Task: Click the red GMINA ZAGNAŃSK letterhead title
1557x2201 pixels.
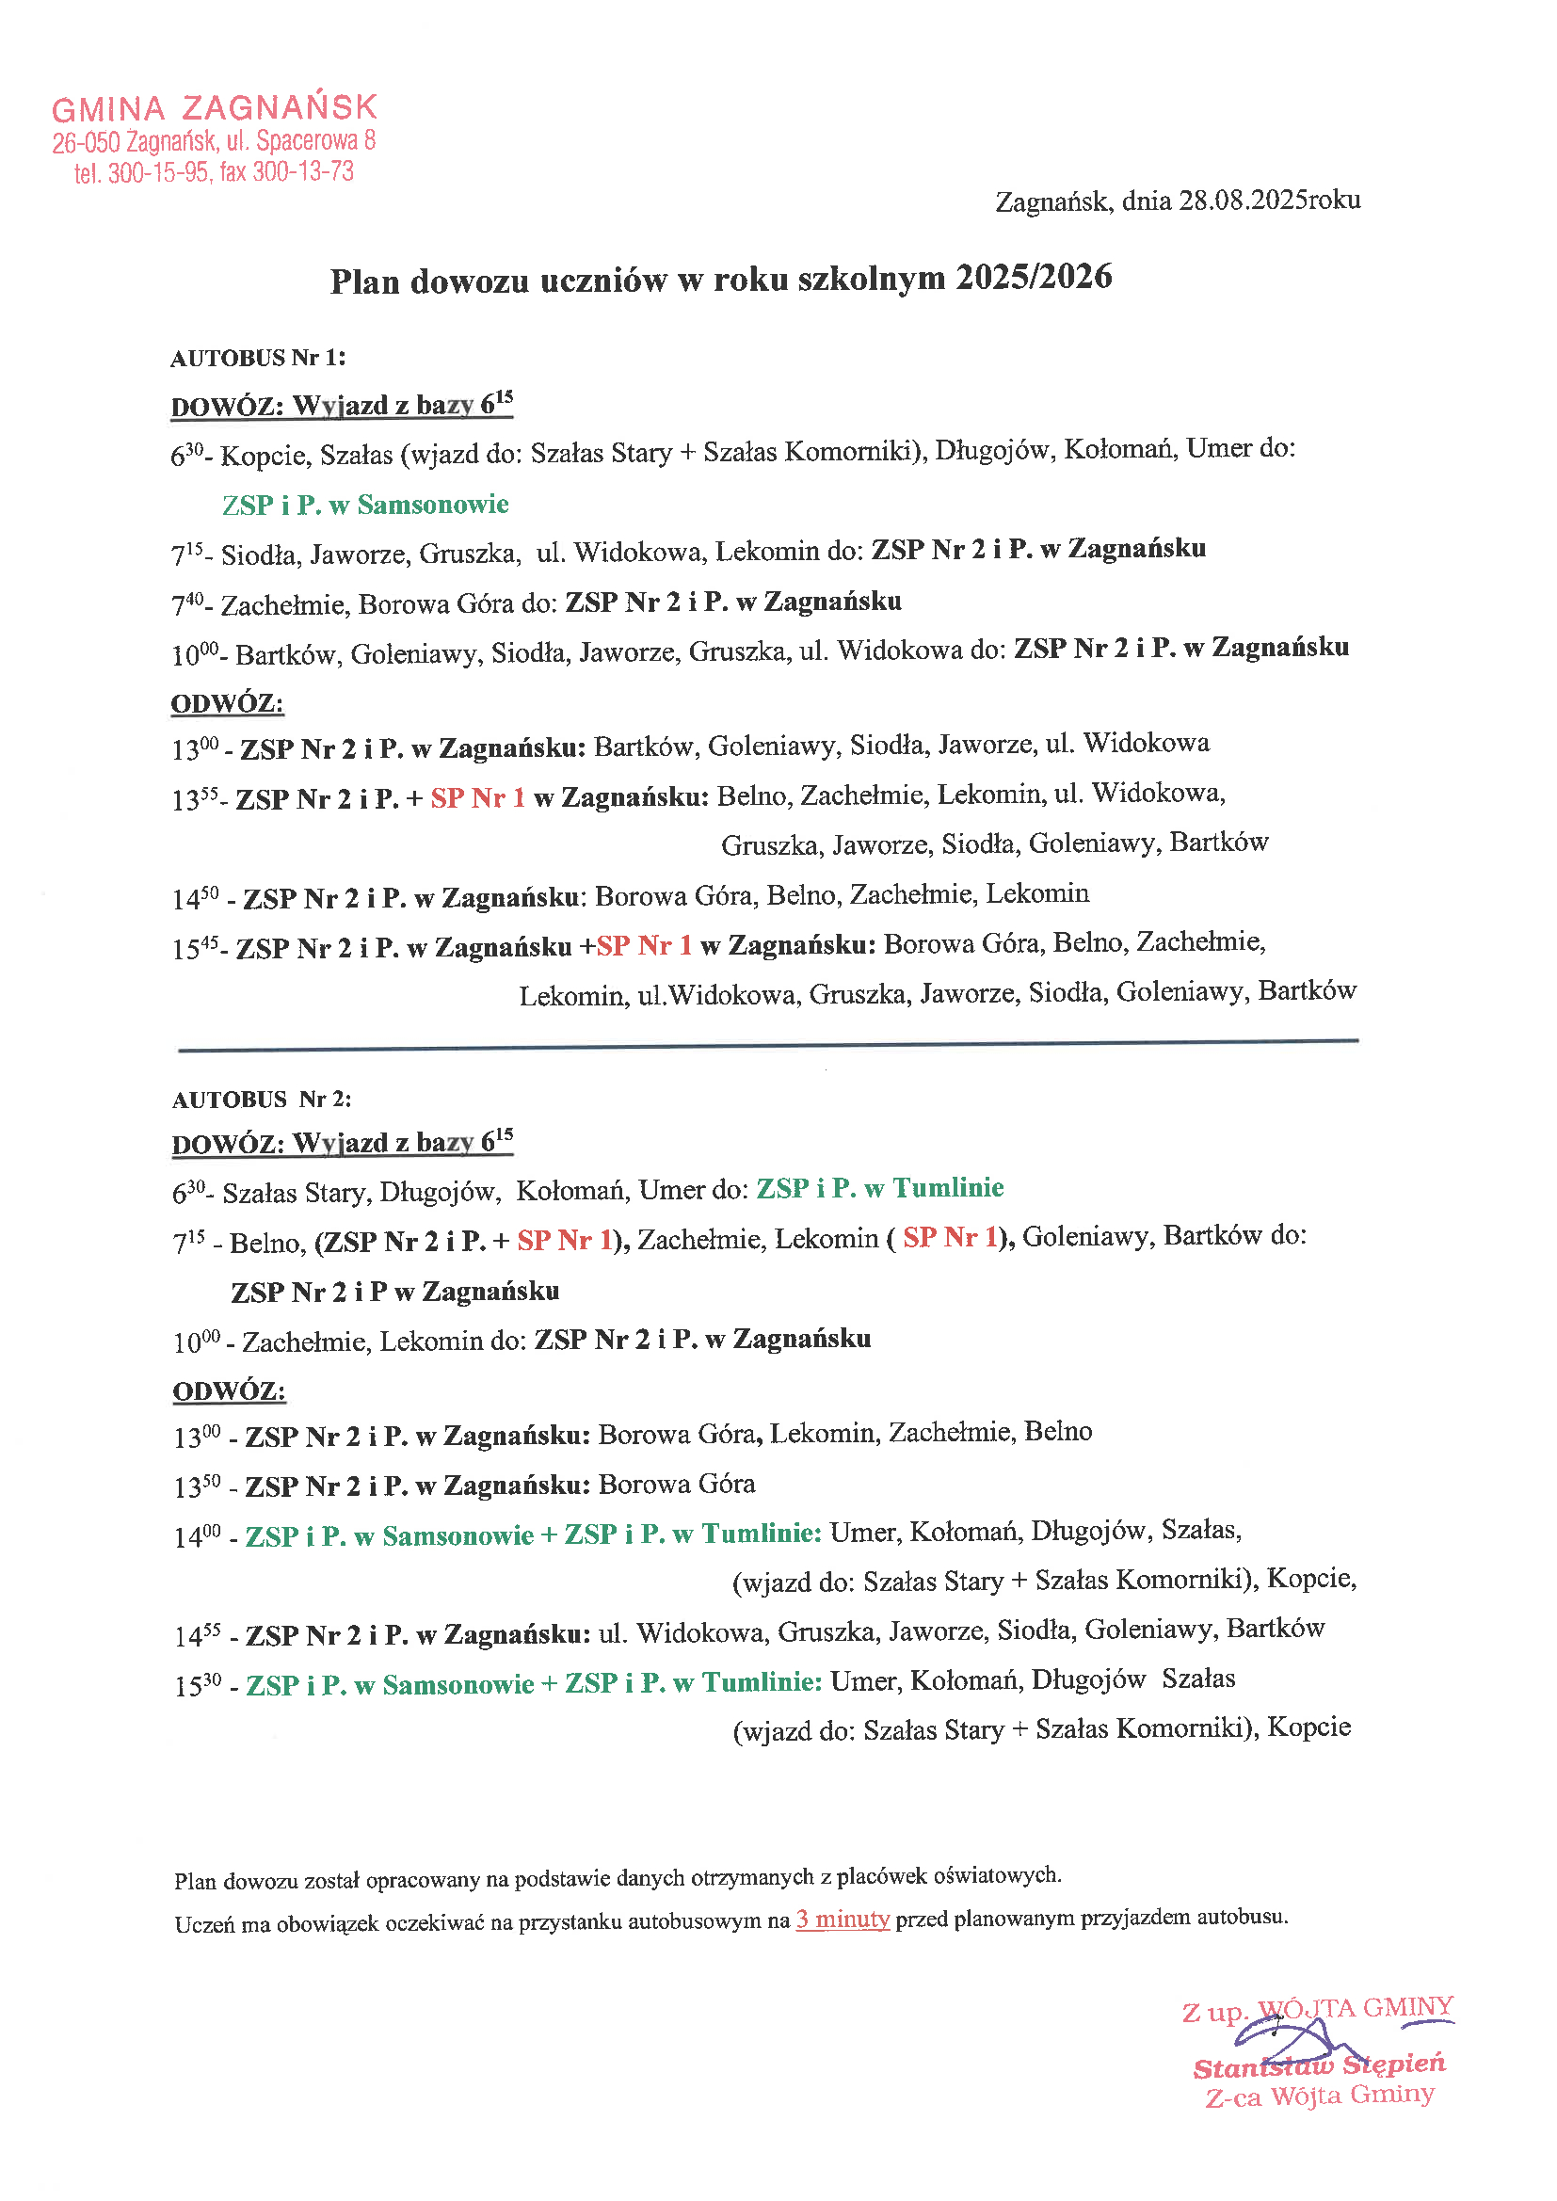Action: point(215,107)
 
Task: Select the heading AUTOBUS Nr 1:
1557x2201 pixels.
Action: point(258,359)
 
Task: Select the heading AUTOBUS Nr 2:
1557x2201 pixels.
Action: point(262,1100)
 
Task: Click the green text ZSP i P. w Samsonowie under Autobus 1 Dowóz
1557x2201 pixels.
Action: point(365,505)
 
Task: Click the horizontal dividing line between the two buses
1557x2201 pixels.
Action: point(767,1045)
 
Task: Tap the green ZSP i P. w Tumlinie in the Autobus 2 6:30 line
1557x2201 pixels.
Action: point(879,1189)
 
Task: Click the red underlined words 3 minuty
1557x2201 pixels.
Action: point(842,1920)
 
